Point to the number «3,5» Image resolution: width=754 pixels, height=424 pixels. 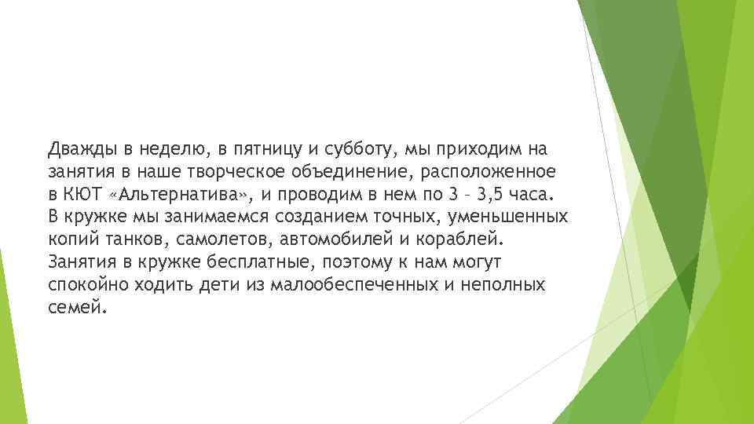tap(500, 194)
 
